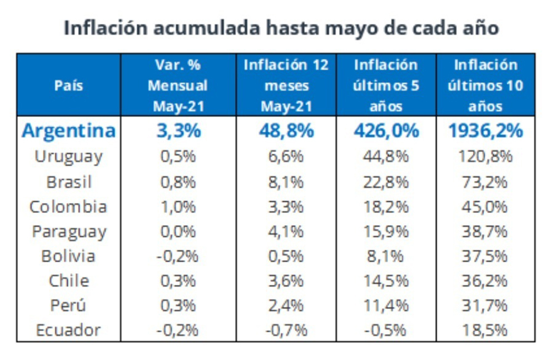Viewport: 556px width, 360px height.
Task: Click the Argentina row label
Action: coord(69,131)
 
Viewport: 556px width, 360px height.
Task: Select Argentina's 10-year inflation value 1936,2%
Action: coord(485,131)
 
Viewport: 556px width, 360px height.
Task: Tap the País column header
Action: coord(69,86)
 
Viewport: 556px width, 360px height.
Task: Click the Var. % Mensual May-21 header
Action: coord(178,86)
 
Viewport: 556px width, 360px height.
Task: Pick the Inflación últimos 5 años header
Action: coord(386,86)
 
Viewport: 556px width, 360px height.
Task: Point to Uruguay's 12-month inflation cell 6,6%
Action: coord(286,157)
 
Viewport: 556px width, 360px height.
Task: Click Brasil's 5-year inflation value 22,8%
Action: coord(386,182)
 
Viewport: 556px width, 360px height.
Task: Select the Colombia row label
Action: coord(68,207)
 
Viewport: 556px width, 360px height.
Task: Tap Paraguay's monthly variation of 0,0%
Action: coord(178,231)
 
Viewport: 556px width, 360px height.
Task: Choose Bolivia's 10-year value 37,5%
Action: coord(485,256)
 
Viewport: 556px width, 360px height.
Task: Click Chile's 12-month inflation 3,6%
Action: coord(286,281)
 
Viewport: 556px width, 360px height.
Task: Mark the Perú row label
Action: coord(68,305)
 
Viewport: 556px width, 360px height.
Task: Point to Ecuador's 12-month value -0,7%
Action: coord(286,330)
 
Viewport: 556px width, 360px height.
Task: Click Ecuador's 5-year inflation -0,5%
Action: coord(386,330)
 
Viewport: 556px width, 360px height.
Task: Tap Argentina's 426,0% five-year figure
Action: coord(386,131)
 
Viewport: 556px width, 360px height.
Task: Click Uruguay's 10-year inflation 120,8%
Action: coord(485,157)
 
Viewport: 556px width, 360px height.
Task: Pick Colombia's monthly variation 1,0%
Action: coord(178,207)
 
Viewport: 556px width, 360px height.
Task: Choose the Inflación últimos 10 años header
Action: coord(485,86)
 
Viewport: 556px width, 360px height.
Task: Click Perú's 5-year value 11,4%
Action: coord(386,305)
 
